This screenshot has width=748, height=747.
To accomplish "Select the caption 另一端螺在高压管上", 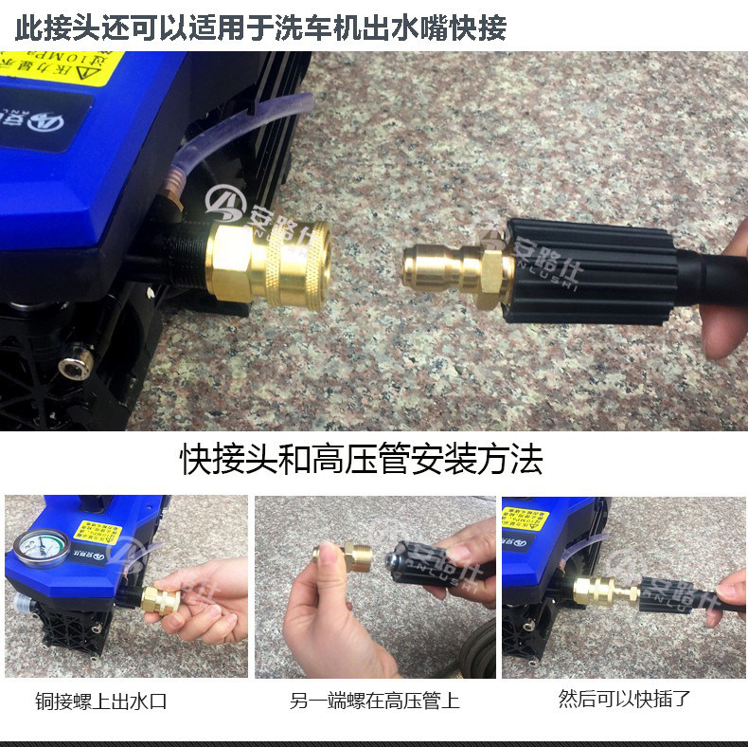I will [x=375, y=702].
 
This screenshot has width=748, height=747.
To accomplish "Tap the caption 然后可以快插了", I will [x=625, y=701].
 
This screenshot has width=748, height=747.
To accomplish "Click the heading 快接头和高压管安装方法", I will [x=362, y=461].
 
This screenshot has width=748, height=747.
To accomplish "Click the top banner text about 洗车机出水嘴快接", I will [x=261, y=27].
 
